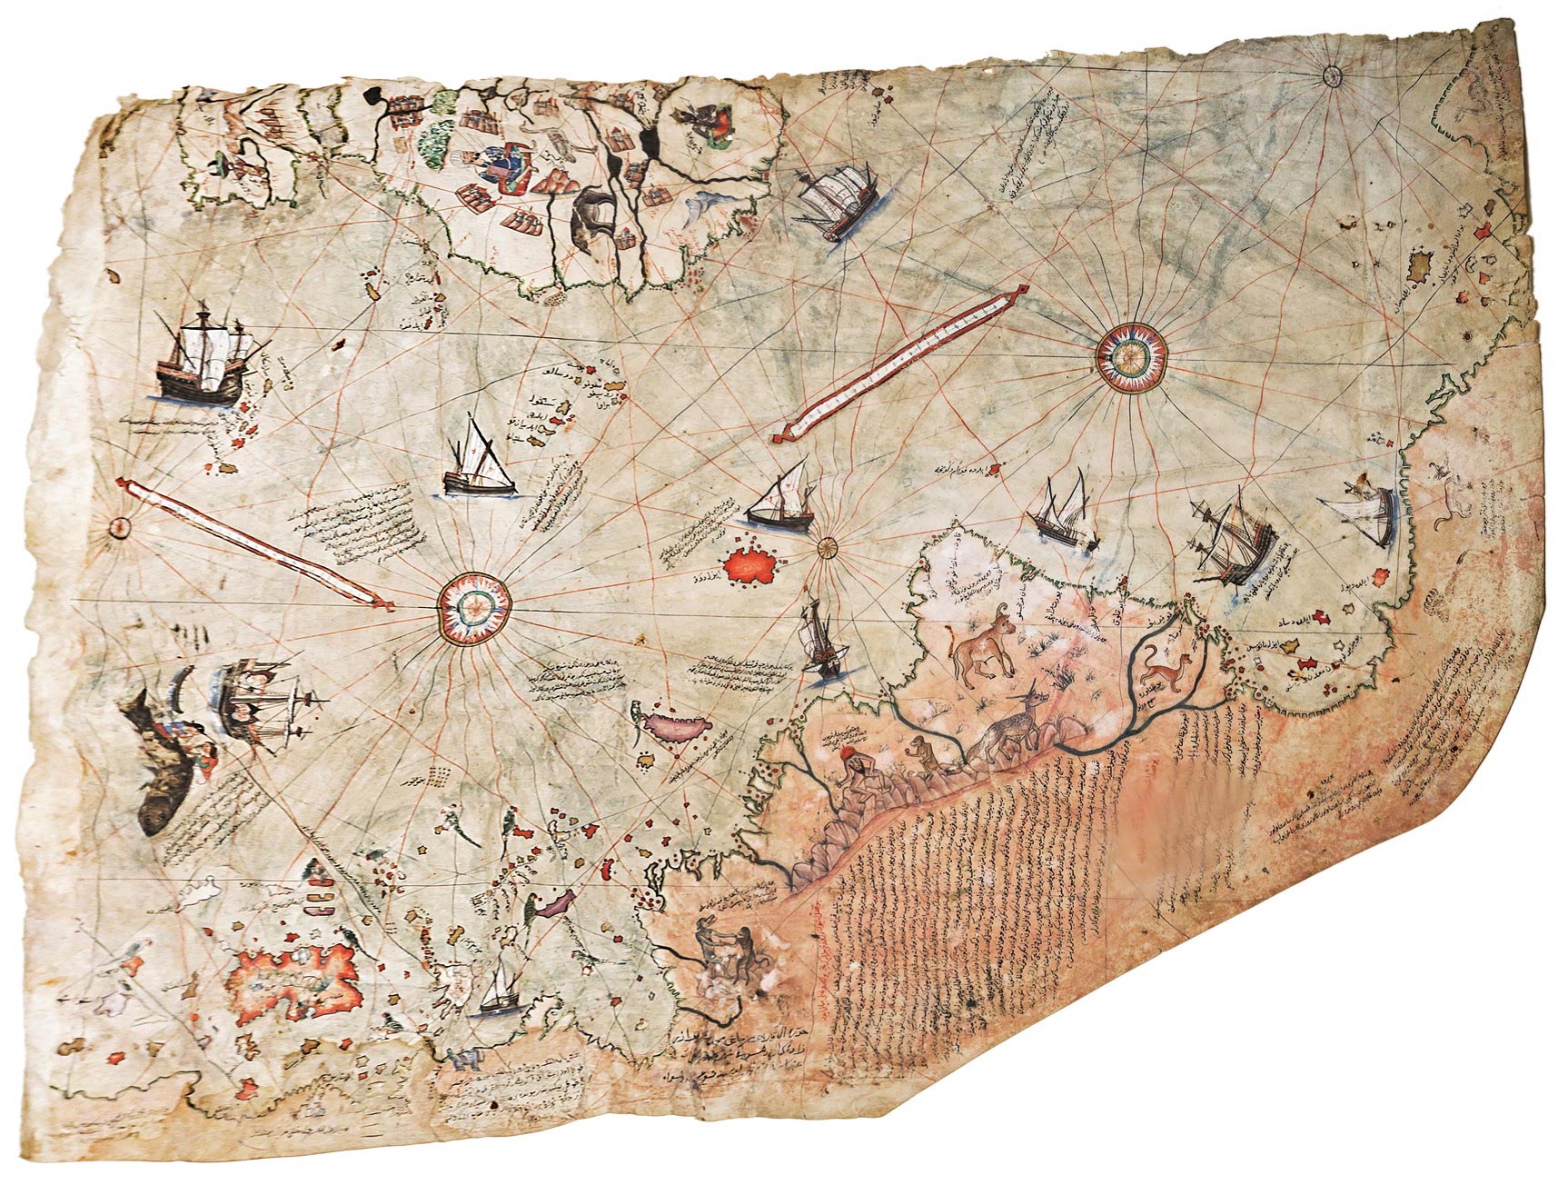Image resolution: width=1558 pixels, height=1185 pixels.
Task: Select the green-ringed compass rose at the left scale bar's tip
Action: tap(473, 604)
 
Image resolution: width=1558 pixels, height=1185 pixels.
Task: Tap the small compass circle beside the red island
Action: tap(828, 547)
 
